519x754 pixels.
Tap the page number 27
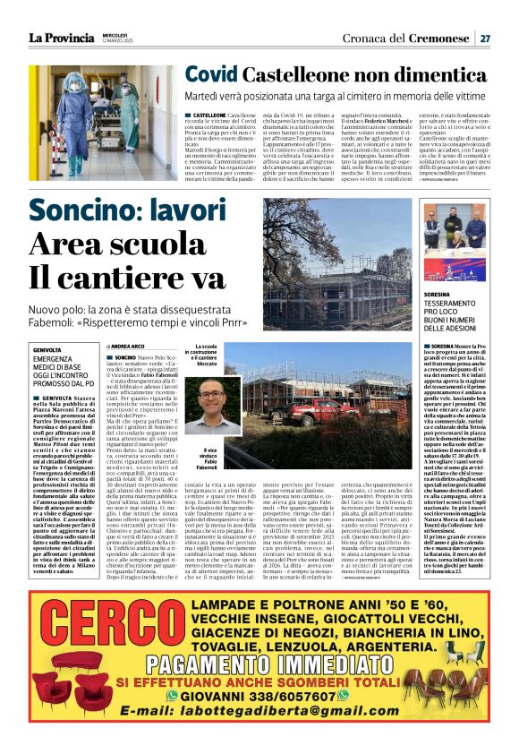point(484,39)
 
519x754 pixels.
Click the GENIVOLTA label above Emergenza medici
point(47,349)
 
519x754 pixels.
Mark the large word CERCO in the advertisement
point(82,631)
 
